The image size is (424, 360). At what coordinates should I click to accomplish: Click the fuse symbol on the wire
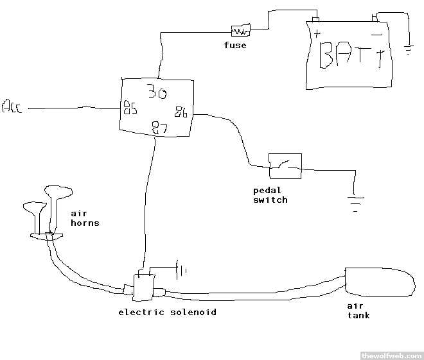click(x=240, y=30)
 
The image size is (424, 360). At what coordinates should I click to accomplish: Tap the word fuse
click(x=234, y=46)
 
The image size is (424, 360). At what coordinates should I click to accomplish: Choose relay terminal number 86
click(x=181, y=114)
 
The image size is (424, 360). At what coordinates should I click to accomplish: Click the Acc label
click(x=12, y=107)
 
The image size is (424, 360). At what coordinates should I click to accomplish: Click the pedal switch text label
click(x=270, y=195)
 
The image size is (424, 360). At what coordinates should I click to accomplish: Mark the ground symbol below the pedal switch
click(x=355, y=201)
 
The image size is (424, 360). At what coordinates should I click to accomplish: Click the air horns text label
click(x=84, y=218)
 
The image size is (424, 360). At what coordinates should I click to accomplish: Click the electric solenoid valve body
click(x=143, y=287)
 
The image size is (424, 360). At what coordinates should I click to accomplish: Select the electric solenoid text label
click(x=167, y=313)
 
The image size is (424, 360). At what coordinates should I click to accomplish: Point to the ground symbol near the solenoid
click(x=181, y=270)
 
